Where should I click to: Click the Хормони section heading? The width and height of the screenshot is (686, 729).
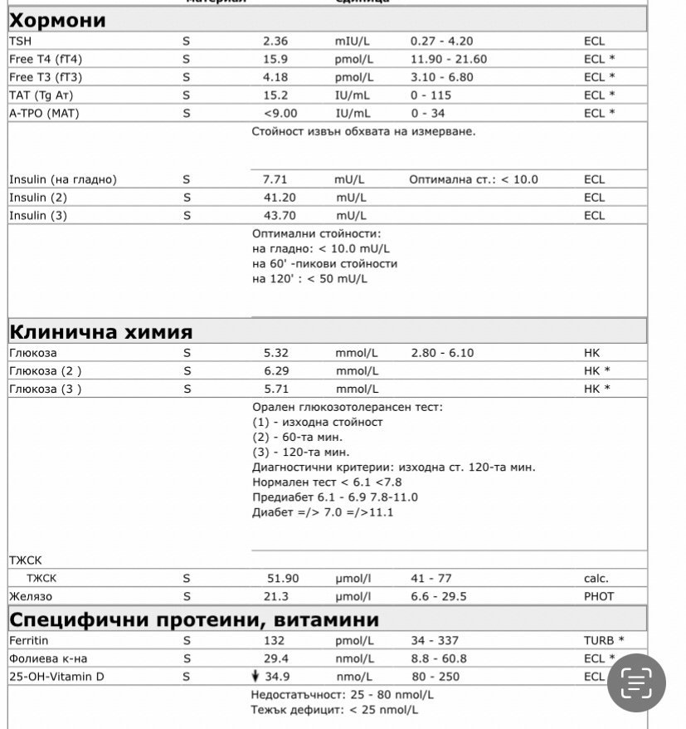click(x=57, y=20)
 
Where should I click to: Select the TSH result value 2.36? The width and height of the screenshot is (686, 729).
click(x=275, y=41)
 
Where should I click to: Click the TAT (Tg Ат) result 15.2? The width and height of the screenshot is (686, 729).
click(x=275, y=95)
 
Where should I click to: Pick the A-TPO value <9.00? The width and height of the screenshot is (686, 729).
click(x=280, y=113)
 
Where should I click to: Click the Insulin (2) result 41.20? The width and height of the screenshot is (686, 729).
click(x=280, y=198)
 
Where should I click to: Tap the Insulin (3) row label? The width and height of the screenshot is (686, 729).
click(x=38, y=216)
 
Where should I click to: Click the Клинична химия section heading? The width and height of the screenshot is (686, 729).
click(x=100, y=332)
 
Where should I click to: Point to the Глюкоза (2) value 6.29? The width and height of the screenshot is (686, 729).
click(x=275, y=371)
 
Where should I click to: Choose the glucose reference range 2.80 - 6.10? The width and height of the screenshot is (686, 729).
click(x=442, y=353)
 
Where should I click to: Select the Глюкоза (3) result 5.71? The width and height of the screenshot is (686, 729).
click(x=275, y=389)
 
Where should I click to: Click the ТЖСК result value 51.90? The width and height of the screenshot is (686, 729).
click(x=282, y=579)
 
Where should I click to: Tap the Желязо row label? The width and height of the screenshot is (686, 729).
click(x=31, y=596)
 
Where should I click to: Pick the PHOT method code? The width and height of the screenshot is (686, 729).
click(x=599, y=596)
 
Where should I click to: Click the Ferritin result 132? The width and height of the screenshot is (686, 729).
click(x=274, y=640)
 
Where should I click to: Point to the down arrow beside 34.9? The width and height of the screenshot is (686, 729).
click(x=256, y=677)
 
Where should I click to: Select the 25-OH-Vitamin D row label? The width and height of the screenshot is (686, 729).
click(x=57, y=677)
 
